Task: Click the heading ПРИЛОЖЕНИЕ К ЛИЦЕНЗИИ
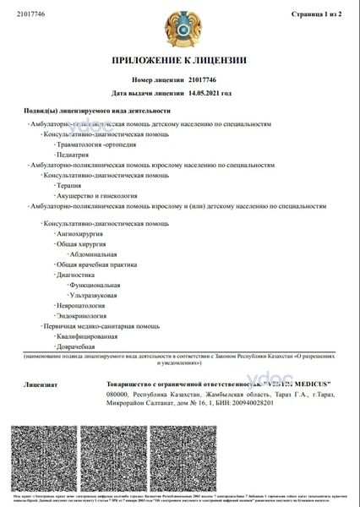click(x=179, y=60)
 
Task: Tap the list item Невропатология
click(x=81, y=305)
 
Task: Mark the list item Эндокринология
click(x=81, y=315)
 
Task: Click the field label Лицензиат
click(x=41, y=384)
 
